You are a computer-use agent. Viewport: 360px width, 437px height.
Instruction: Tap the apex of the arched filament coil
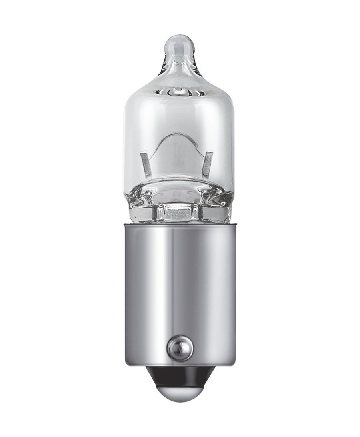179,135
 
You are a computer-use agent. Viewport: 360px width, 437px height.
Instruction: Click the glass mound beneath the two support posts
179,188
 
